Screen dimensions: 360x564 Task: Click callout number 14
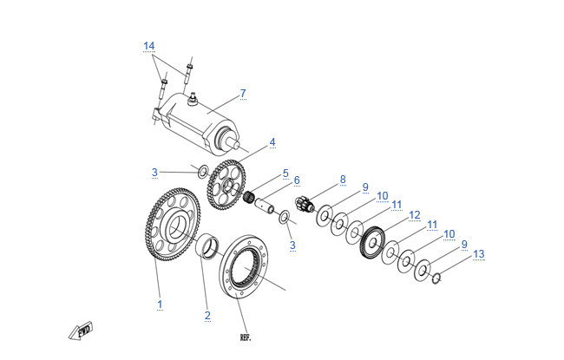(x=149, y=45)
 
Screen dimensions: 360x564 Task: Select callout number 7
(x=243, y=93)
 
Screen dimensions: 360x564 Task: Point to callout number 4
(x=272, y=141)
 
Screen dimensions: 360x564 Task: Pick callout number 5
(x=285, y=173)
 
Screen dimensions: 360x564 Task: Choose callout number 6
(x=296, y=180)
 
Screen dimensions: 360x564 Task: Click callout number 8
(x=343, y=180)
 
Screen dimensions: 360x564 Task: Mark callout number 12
(x=414, y=214)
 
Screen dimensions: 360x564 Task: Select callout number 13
(x=479, y=254)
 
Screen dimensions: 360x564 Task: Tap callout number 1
(x=160, y=304)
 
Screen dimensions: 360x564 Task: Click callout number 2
(x=207, y=315)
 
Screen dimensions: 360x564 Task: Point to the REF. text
(x=245, y=336)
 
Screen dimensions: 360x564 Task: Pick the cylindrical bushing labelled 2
(x=208, y=245)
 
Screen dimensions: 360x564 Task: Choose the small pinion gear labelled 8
(x=304, y=206)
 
